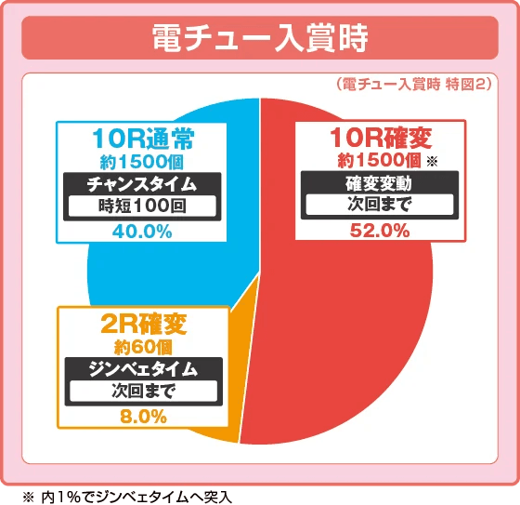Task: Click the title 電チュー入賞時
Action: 259,41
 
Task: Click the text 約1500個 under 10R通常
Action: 142,163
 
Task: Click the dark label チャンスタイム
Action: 141,183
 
